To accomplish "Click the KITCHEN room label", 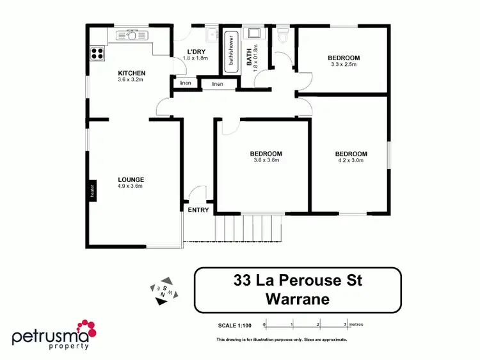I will pos(131,73).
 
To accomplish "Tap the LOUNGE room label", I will pos(131,179).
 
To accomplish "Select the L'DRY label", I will pos(195,52).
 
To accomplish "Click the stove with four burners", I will pos(97,54).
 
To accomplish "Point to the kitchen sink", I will pos(132,36).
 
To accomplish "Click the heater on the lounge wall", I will pos(92,190).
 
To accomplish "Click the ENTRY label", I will pos(198,210).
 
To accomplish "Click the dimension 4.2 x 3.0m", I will pos(351,161).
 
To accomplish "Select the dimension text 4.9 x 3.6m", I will pos(131,186).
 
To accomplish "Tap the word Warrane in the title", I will pos(298,299).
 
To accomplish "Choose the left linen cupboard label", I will pos(185,83).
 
